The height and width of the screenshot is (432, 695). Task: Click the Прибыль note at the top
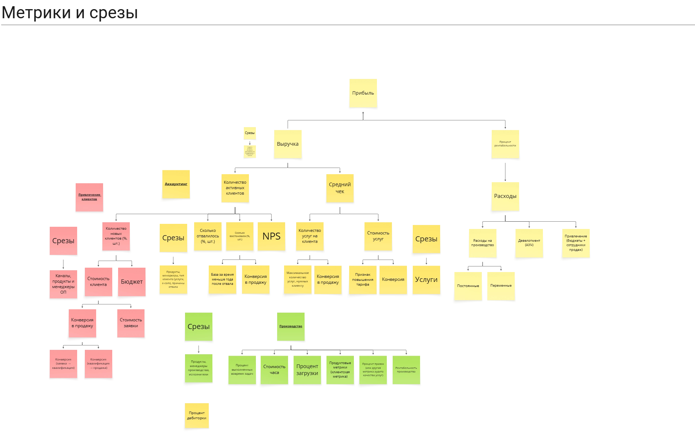pos(363,93)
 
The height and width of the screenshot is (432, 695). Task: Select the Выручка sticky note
pos(288,144)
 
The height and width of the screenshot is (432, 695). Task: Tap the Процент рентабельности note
pos(505,144)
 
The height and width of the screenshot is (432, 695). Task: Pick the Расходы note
pos(505,196)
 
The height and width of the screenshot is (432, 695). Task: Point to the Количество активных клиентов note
pos(235,188)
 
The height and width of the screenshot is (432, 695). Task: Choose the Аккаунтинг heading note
pos(176,184)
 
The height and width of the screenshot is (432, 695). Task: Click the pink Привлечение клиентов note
pos(90,197)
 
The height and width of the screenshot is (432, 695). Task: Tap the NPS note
pos(271,237)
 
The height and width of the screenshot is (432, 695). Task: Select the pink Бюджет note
pos(132,282)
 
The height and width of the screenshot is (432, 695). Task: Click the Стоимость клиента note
pos(98,282)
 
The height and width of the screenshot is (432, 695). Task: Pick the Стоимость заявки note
pos(131,323)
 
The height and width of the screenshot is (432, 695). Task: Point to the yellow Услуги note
pos(426,280)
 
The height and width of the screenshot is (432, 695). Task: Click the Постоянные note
pos(468,286)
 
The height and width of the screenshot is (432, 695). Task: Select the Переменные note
pos(501,286)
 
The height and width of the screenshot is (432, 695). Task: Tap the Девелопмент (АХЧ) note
pos(529,243)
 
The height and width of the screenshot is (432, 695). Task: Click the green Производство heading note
pos(291,326)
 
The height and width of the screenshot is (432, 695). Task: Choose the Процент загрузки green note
pos(307,370)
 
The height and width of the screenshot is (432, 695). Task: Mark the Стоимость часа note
pos(274,370)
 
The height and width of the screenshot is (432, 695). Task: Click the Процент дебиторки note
pos(197,416)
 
